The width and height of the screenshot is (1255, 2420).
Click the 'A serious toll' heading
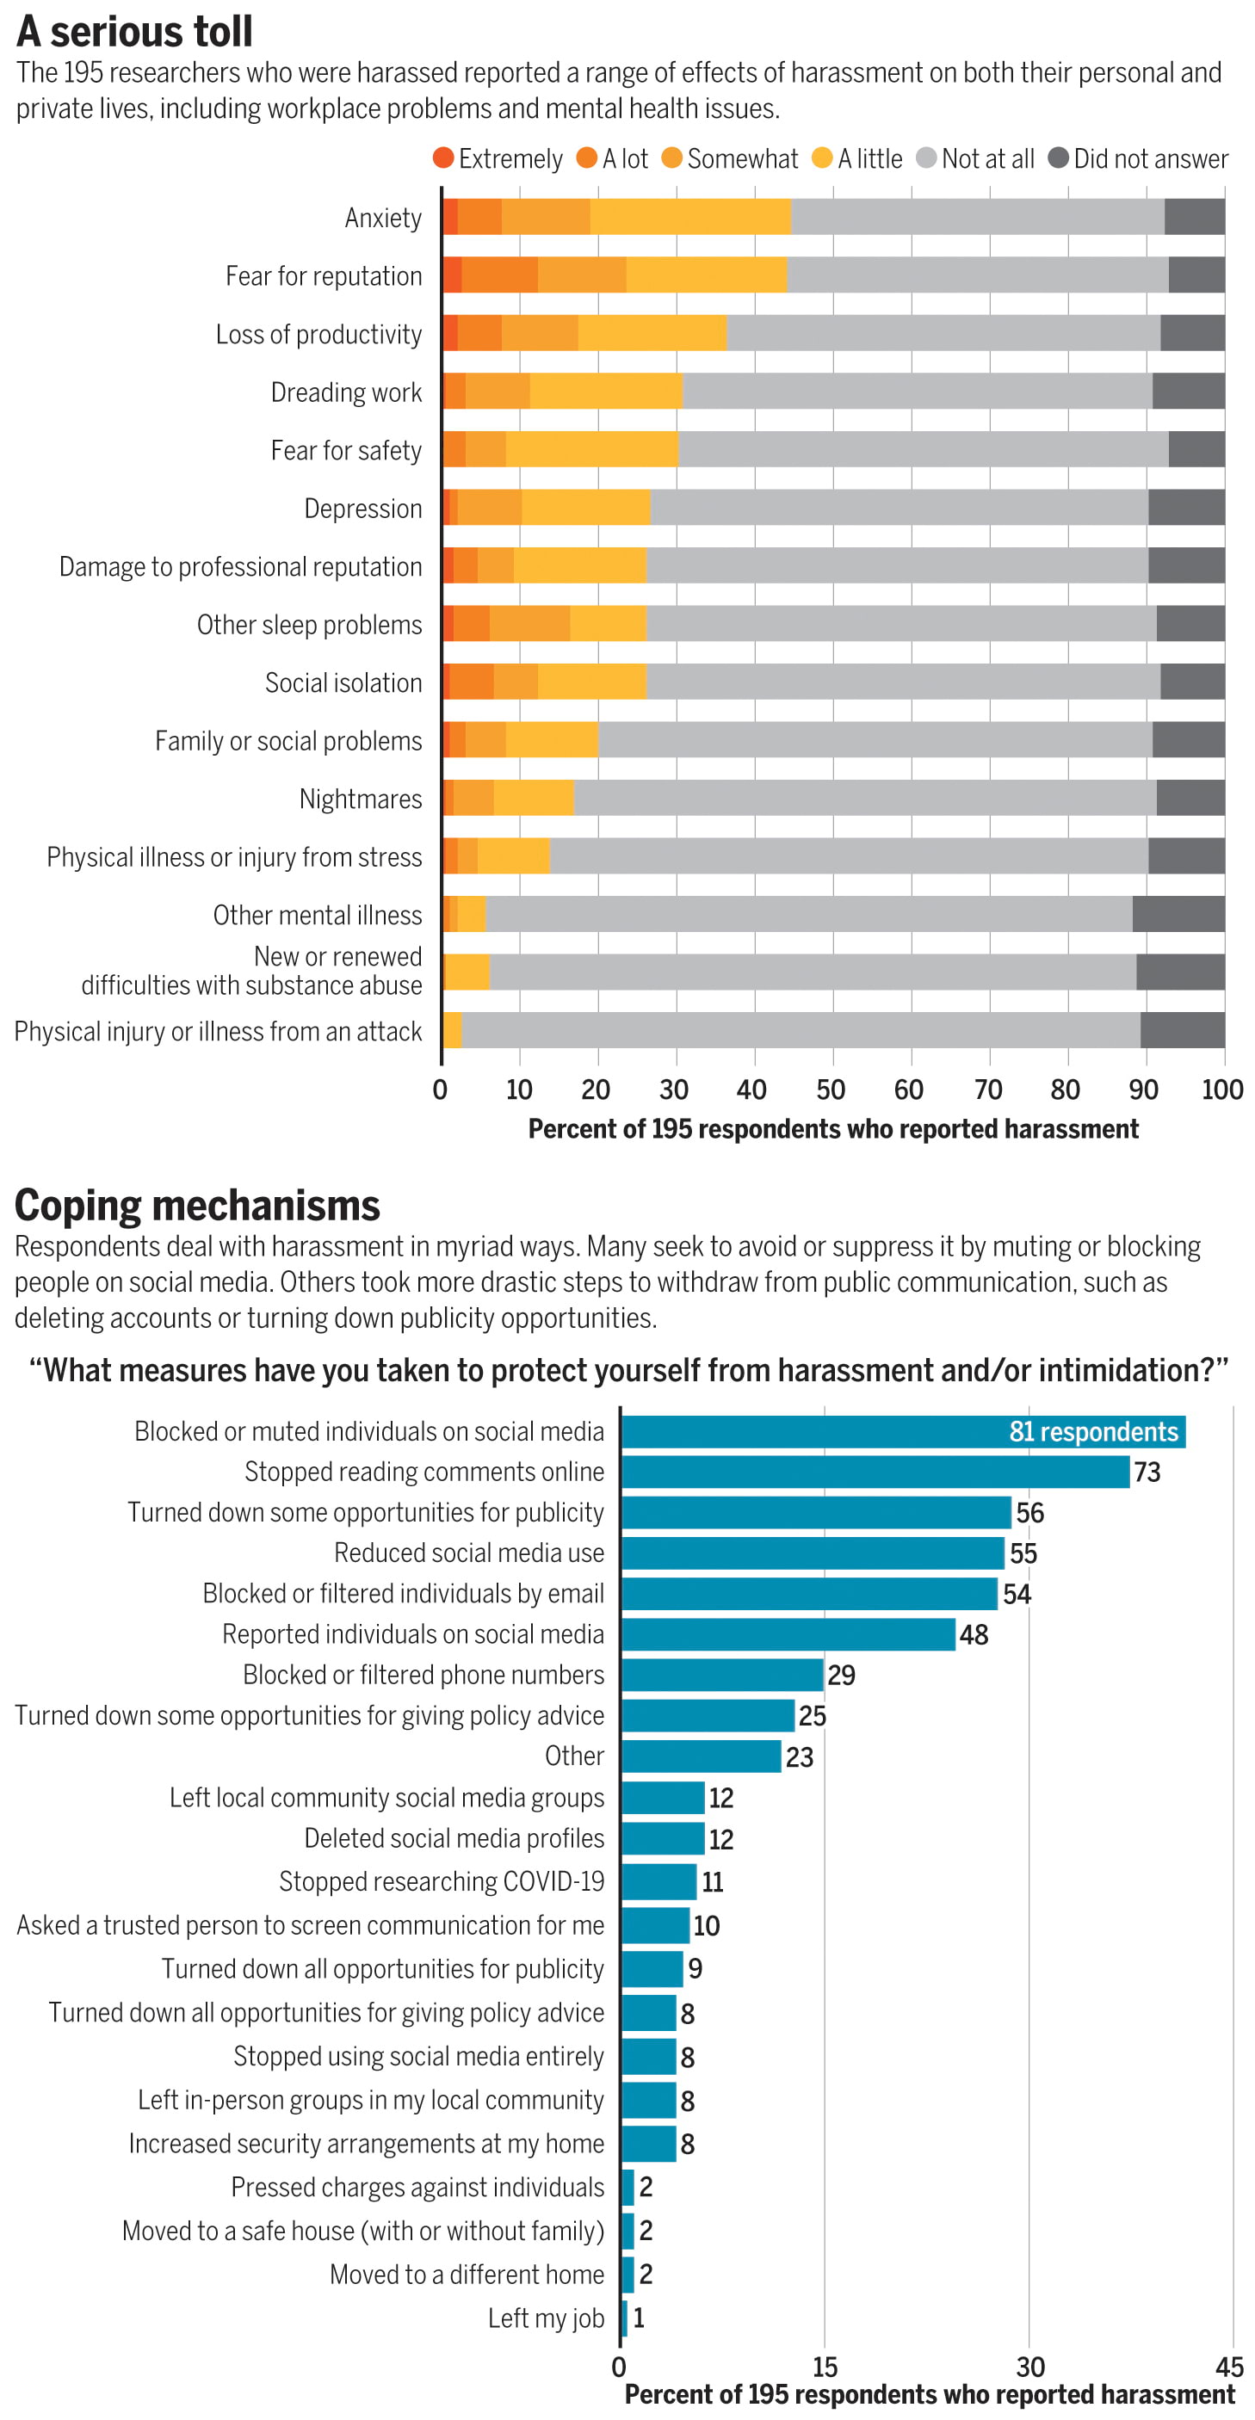point(134,31)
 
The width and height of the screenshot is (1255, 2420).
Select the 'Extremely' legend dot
point(443,157)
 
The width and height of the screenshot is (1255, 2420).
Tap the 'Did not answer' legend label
point(1150,158)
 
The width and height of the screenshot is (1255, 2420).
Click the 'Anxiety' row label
point(383,218)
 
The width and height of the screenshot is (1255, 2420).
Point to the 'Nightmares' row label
point(361,799)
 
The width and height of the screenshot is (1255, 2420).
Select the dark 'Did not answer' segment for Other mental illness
point(1178,914)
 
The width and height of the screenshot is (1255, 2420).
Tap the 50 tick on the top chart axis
point(831,1090)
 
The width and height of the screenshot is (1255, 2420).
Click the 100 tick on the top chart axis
point(1222,1090)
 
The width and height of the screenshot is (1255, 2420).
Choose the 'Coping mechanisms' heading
point(197,1206)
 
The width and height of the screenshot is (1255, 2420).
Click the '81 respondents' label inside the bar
point(1092,1432)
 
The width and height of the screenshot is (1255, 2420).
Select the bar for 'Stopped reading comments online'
point(875,1472)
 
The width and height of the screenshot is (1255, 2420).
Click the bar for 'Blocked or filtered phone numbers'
point(722,1675)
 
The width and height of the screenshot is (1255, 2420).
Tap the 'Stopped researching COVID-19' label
point(442,1882)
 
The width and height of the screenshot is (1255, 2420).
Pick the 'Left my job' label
point(546,2318)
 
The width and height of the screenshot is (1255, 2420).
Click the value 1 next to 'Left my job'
point(639,2318)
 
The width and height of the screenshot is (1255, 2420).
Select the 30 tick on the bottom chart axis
point(1029,2367)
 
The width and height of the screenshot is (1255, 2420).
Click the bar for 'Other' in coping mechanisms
point(701,1756)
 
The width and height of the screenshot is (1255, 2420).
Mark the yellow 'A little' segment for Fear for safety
point(592,450)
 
